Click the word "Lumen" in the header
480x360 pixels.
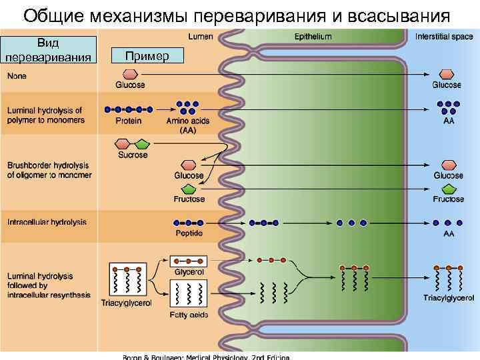tap(200, 36)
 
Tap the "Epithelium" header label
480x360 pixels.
tap(313, 36)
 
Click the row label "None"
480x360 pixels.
tap(17, 76)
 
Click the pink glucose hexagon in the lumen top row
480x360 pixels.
tap(130, 73)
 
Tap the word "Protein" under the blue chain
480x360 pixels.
tap(128, 121)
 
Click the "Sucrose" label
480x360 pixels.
tap(133, 155)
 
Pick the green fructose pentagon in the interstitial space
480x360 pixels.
tap(448, 189)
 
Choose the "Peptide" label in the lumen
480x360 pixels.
tap(189, 233)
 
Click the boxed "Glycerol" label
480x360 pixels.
tap(189, 272)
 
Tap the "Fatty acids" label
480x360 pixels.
tap(189, 315)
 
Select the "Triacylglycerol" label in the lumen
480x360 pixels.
tap(126, 303)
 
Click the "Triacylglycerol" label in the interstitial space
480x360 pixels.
tap(449, 297)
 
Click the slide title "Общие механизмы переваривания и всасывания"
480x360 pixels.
tap(236, 15)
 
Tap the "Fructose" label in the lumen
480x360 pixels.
tap(189, 199)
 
